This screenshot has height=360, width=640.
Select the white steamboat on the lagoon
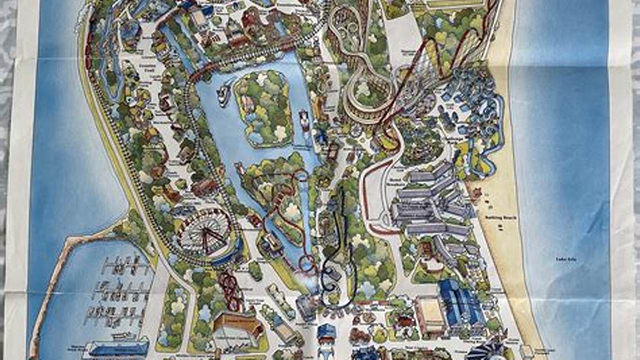click(224, 94)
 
